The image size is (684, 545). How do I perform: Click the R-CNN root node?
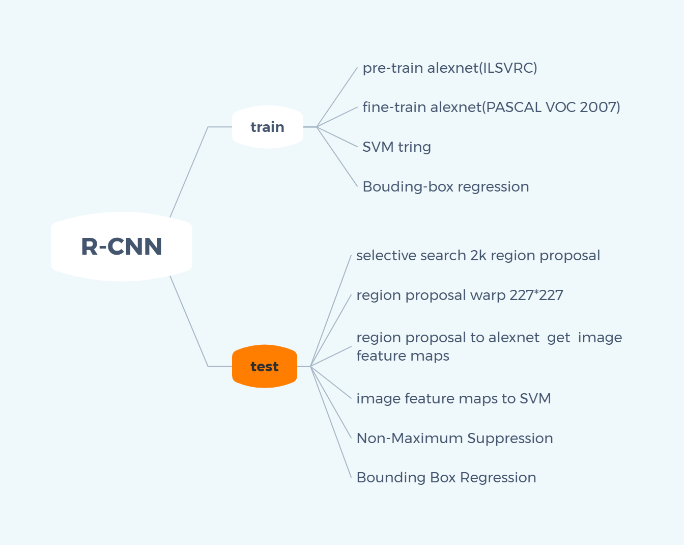[x=122, y=247]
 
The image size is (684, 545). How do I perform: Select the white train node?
[x=267, y=127]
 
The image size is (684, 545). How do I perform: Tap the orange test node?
[x=264, y=366]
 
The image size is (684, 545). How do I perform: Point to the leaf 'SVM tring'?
[x=396, y=147]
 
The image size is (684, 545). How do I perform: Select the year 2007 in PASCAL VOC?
[x=597, y=107]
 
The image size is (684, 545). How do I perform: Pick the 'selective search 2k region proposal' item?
[x=478, y=255]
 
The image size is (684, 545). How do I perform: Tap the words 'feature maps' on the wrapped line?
[x=403, y=356]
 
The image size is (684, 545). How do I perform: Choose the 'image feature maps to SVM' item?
[x=453, y=398]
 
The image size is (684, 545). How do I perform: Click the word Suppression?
[x=510, y=438]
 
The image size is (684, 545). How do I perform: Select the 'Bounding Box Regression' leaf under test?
[x=446, y=477]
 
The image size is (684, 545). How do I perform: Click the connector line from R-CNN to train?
[x=189, y=172]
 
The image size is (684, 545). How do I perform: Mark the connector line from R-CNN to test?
[x=189, y=321]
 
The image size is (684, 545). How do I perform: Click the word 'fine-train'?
[x=394, y=107]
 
